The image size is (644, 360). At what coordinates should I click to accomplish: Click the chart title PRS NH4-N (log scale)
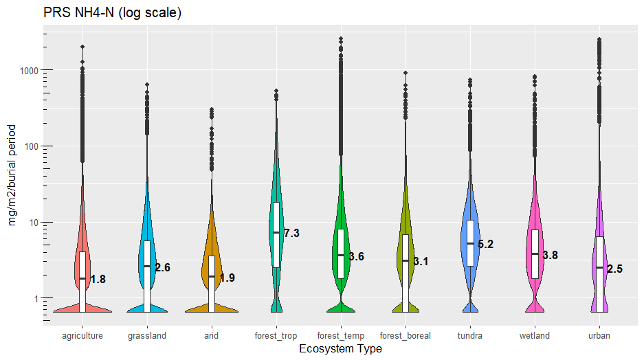(112, 13)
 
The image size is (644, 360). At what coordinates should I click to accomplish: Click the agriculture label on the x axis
(82, 336)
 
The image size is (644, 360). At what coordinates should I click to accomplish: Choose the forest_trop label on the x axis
(276, 336)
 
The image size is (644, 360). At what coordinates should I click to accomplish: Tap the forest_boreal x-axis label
(406, 336)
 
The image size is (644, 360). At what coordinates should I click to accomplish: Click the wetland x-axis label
(535, 336)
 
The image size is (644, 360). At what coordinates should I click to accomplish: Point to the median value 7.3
(291, 234)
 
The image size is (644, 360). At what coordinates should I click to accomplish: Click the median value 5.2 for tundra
(485, 244)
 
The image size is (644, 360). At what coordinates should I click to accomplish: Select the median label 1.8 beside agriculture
(98, 280)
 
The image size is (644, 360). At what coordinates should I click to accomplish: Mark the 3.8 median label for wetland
(550, 255)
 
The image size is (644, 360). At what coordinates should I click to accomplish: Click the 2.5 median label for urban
(614, 269)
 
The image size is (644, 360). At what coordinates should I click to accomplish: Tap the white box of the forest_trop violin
(276, 234)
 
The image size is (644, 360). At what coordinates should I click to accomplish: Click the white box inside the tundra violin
(470, 243)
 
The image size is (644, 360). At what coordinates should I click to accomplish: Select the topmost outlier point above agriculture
(82, 47)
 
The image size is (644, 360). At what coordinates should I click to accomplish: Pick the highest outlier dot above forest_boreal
(406, 72)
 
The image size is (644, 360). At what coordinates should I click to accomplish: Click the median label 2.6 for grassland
(162, 268)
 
